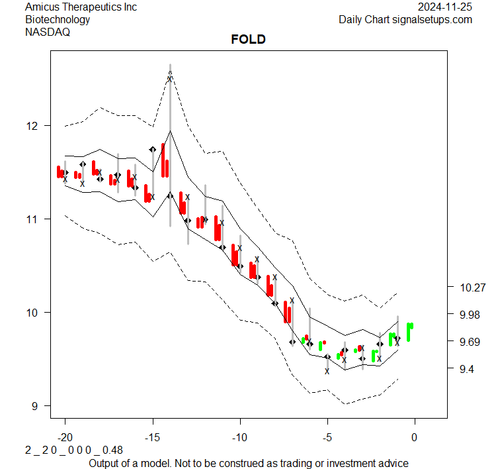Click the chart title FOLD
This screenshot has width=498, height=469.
(248, 40)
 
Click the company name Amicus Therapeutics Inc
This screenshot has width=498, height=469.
(81, 7)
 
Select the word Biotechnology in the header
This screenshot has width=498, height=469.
(58, 19)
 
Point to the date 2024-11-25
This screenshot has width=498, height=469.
(445, 7)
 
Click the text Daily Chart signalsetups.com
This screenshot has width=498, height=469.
(405, 19)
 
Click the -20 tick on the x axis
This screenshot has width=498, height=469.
(65, 438)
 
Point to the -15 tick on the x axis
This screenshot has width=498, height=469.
(152, 438)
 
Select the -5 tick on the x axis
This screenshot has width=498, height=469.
(327, 438)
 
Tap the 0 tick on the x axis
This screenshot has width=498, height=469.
(415, 438)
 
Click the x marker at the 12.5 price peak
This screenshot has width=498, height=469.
(170, 79)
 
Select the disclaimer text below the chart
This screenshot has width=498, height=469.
(248, 463)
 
